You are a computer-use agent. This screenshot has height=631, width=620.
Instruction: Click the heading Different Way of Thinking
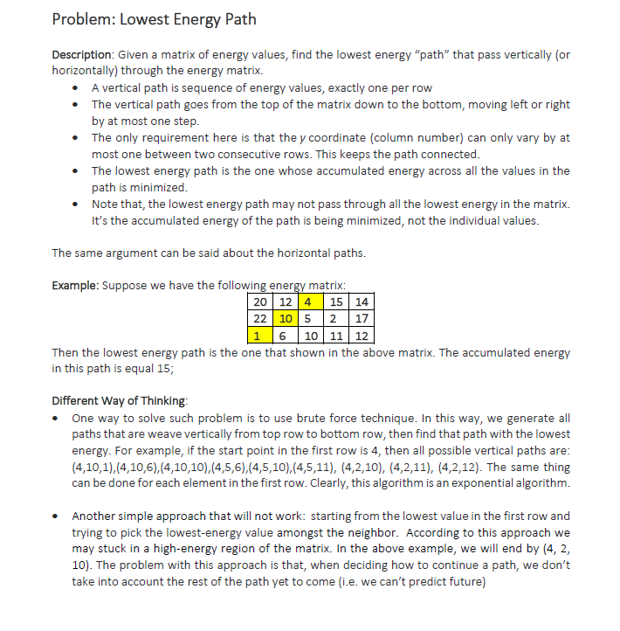119,401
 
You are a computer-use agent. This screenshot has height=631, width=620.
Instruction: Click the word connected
451,155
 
